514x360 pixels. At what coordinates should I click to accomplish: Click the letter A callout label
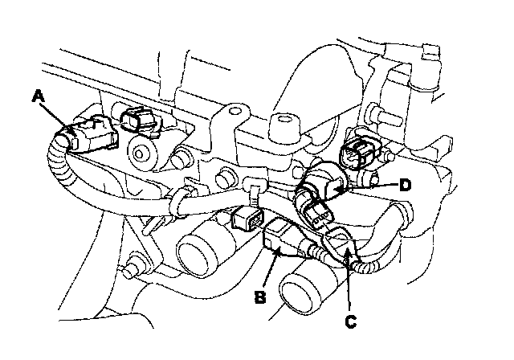point(37,97)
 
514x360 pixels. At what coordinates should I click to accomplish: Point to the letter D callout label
point(406,185)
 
